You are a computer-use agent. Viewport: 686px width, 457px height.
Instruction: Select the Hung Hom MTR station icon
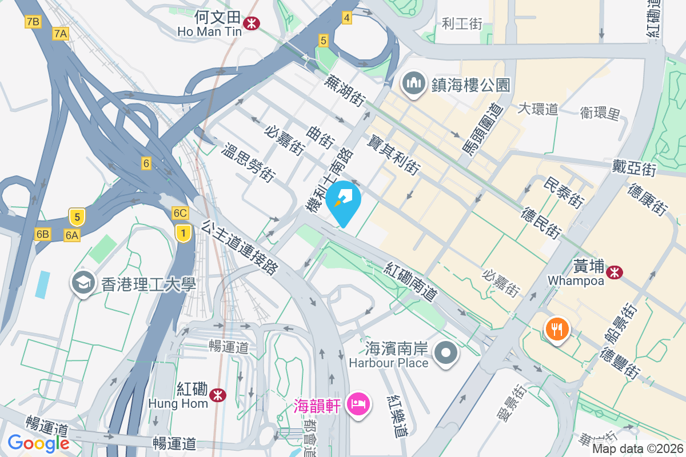point(217,395)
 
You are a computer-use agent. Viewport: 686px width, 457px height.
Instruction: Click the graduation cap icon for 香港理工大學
point(83,282)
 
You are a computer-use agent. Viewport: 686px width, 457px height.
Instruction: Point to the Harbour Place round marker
point(446,354)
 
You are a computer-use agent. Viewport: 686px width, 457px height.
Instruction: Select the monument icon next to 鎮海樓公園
point(413,84)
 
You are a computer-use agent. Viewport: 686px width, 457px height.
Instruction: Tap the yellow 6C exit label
point(180,213)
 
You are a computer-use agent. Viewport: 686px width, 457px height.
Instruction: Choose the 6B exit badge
point(42,234)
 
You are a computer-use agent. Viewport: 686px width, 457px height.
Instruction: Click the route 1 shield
point(183,232)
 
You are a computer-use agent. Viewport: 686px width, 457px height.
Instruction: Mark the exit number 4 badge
point(346,18)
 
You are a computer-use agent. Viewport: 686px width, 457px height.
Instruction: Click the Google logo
point(39,443)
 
